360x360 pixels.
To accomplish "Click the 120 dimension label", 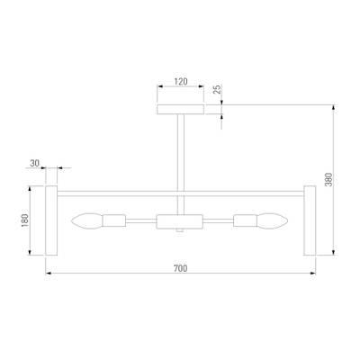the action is pyautogui.click(x=181, y=81).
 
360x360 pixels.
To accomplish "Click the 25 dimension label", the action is pyautogui.click(x=217, y=89).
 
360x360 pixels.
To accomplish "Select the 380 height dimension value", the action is pyautogui.click(x=329, y=179).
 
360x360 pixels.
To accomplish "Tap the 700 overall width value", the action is pyautogui.click(x=180, y=268).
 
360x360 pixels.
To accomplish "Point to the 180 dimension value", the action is pyautogui.click(x=24, y=220).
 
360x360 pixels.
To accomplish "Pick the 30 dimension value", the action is pyautogui.click(x=34, y=163).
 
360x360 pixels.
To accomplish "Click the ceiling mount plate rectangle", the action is pyautogui.click(x=181, y=110).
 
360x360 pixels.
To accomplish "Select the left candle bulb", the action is pyautogui.click(x=87, y=221).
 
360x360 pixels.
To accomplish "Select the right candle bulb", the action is pyautogui.click(x=272, y=221).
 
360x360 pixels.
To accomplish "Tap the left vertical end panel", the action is pyautogui.click(x=51, y=220).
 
